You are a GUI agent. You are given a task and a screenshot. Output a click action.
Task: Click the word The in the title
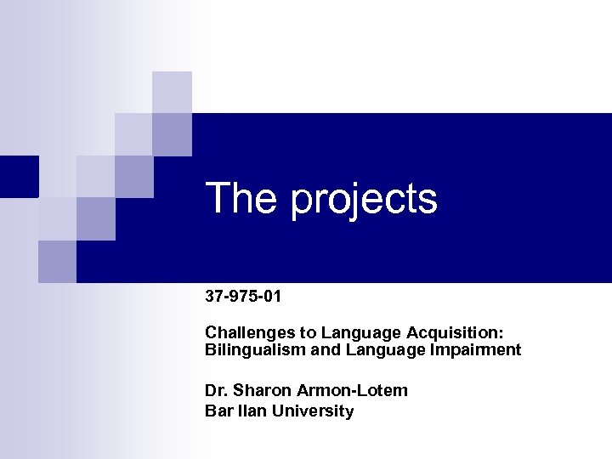coord(243,199)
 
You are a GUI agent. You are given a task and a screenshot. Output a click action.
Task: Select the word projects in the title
coord(363,201)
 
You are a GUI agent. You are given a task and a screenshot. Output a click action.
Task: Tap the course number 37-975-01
coord(243,297)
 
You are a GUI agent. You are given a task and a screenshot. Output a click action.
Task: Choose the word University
coord(314,411)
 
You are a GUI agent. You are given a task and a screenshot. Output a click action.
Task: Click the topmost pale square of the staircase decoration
coord(172,92)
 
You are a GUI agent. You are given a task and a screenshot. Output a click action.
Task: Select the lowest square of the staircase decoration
coord(57,261)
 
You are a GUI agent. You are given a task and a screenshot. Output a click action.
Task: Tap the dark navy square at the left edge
coord(19,176)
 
